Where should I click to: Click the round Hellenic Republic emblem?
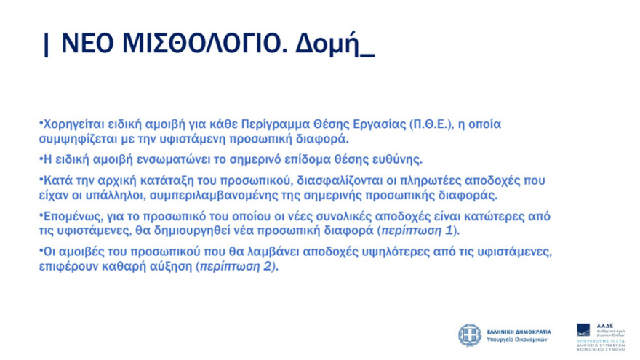pyautogui.click(x=469, y=335)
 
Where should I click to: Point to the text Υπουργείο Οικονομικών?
pyautogui.click(x=516, y=340)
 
